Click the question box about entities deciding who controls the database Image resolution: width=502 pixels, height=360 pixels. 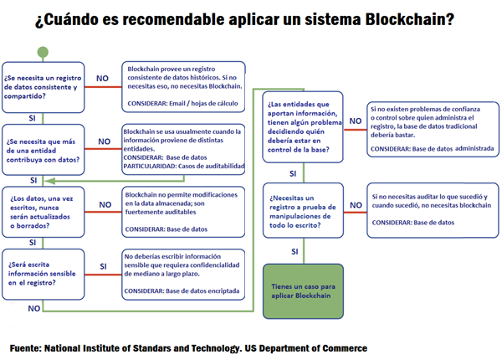302,126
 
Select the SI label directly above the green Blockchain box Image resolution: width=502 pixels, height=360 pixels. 295,249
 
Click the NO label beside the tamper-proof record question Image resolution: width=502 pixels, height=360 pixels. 355,204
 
